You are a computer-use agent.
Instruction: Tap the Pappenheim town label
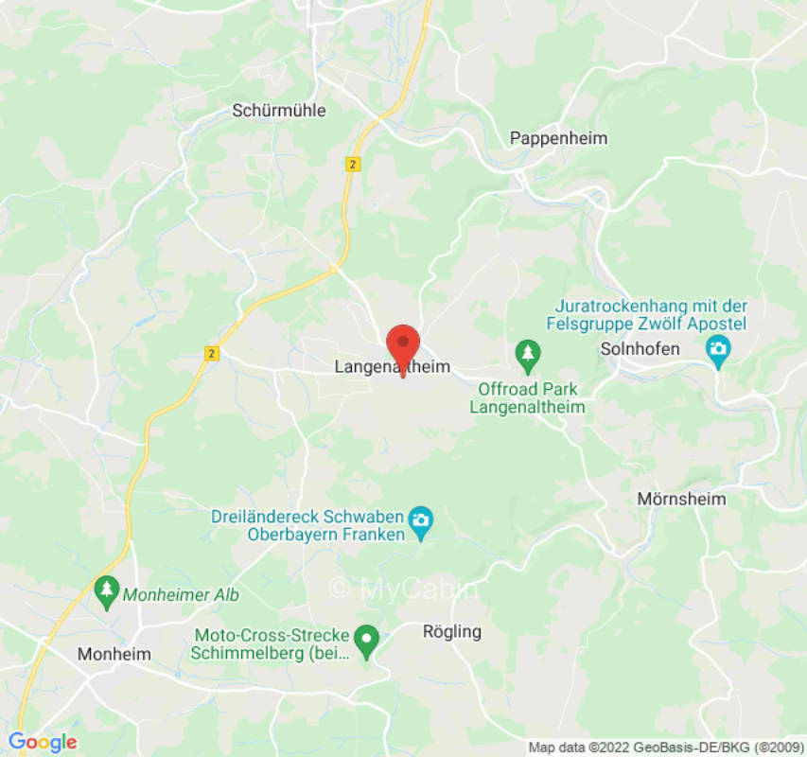[x=558, y=138]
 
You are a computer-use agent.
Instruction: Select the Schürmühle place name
[x=279, y=111]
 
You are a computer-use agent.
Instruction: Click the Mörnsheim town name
[x=681, y=499]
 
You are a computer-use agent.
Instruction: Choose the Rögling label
[x=451, y=631]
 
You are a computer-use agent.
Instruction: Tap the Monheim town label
[x=114, y=654]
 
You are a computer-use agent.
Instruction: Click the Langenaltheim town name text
[x=393, y=366]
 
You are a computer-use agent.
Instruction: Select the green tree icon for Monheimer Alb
[x=106, y=592]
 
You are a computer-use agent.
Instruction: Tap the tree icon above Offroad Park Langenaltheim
[x=527, y=356]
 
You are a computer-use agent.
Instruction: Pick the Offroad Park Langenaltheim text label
[x=527, y=398]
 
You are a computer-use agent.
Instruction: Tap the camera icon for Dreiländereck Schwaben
[x=420, y=519]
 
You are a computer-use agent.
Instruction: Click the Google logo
[x=42, y=742]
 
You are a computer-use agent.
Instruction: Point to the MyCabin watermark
[x=403, y=589]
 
